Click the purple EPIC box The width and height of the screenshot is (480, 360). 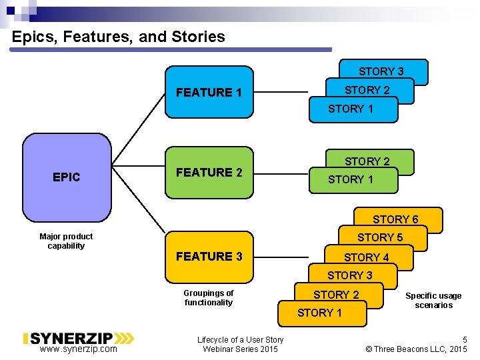67,177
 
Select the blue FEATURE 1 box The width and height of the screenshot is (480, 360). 209,92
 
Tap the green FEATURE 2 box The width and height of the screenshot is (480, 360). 209,173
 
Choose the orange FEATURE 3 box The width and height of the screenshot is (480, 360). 209,256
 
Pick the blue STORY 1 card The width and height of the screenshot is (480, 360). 351,109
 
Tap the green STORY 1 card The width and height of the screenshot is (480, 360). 351,179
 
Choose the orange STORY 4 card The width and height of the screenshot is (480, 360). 367,257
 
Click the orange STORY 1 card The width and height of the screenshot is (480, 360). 320,313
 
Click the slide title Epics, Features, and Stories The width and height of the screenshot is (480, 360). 119,37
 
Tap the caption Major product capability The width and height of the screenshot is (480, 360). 66,241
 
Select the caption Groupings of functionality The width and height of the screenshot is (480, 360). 209,297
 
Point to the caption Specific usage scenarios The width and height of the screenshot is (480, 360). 433,300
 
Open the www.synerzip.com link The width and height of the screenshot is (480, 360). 78,349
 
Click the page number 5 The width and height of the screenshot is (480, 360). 465,339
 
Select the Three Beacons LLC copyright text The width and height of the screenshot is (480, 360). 417,349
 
